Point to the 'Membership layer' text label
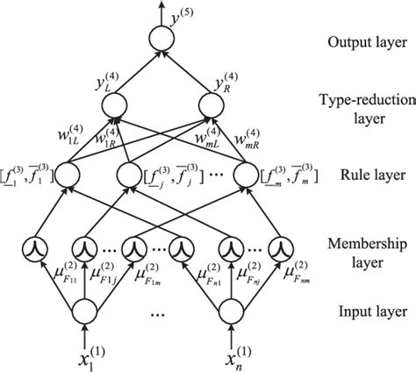[x=360, y=250]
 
